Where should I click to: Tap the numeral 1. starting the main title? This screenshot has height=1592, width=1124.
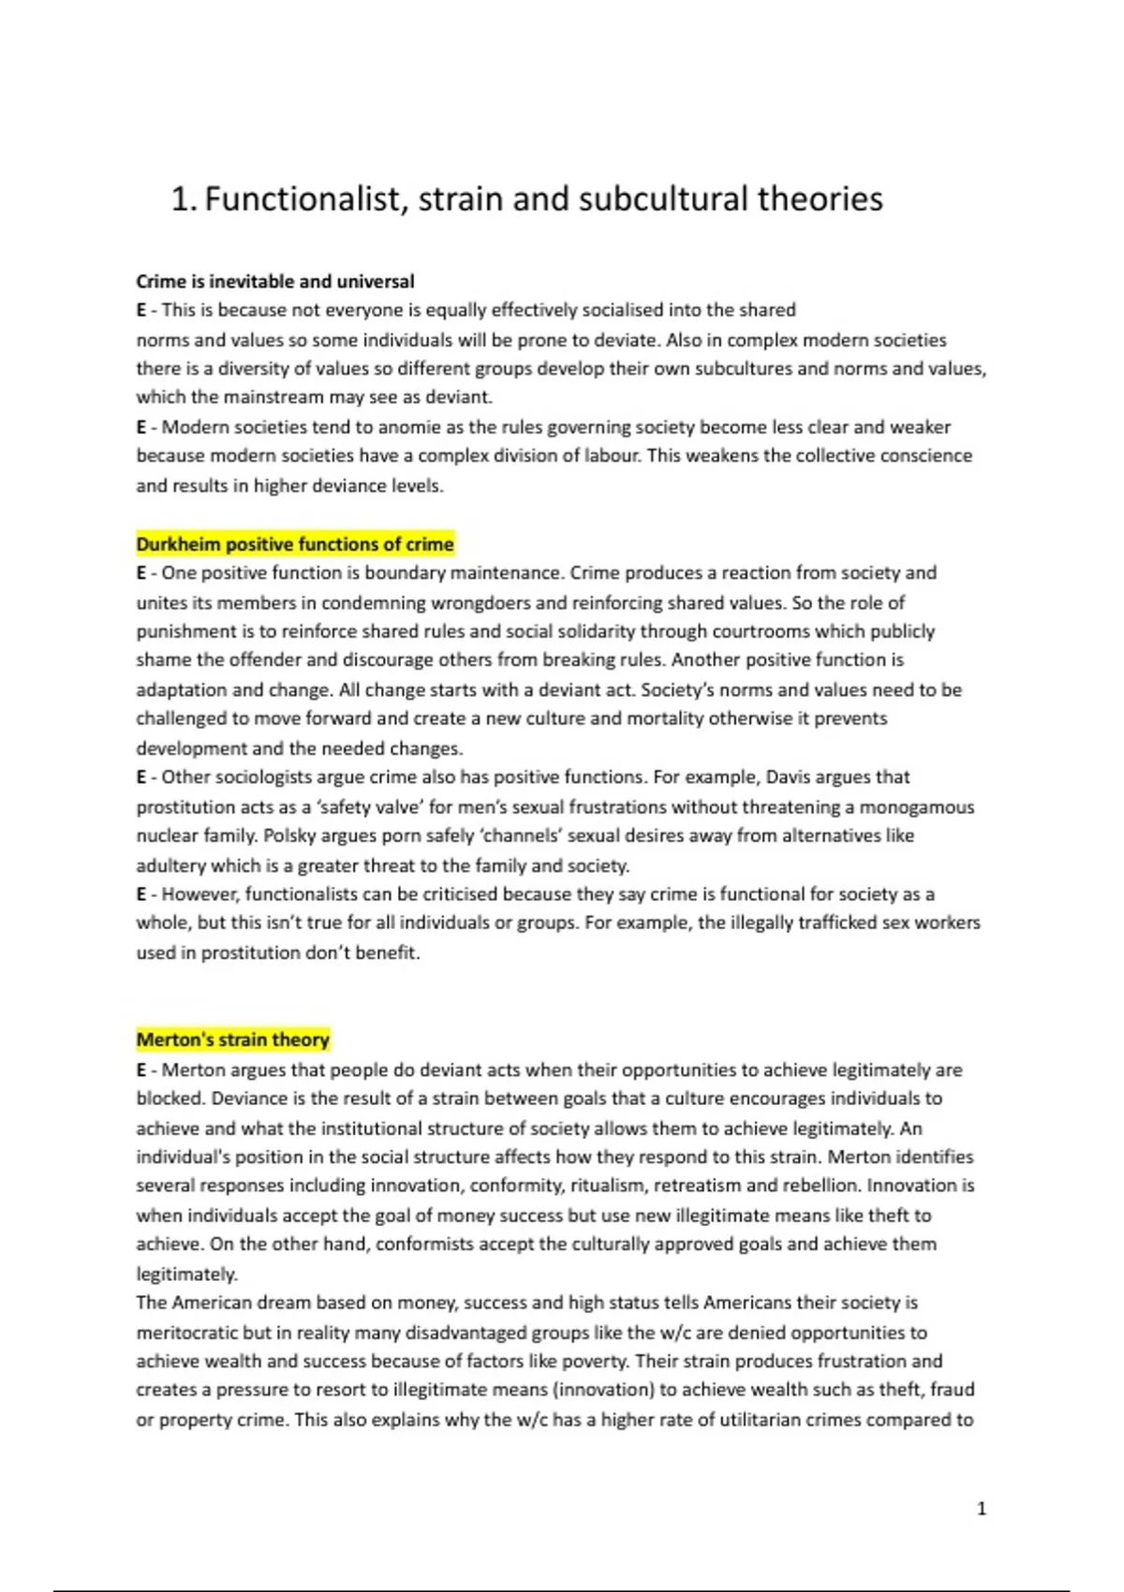[184, 199]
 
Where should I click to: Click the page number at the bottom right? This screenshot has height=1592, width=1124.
[981, 1508]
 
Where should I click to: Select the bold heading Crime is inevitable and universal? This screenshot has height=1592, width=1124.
[275, 281]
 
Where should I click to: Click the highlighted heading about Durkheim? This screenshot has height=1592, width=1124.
[295, 544]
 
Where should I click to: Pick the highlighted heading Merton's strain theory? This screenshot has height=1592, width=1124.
[233, 1039]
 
